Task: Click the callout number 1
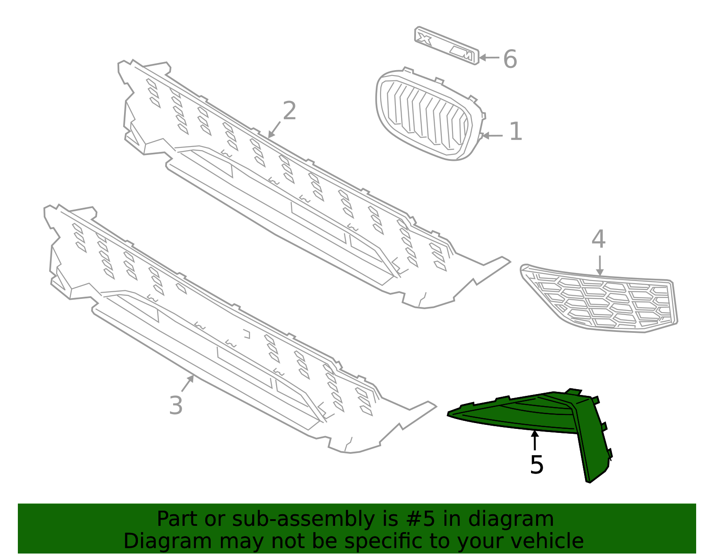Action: [x=515, y=131]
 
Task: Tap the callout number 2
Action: [x=289, y=110]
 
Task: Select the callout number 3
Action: [x=176, y=405]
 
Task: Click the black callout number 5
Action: [x=537, y=465]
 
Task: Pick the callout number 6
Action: [x=510, y=59]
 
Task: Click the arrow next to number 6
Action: [x=489, y=58]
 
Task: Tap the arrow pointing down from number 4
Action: [x=600, y=266]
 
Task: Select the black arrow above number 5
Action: [x=535, y=440]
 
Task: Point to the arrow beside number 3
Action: [x=187, y=383]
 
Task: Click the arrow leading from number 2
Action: [x=274, y=130]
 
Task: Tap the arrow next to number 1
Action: [x=492, y=135]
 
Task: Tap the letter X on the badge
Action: [x=424, y=40]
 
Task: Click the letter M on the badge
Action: [x=462, y=53]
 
